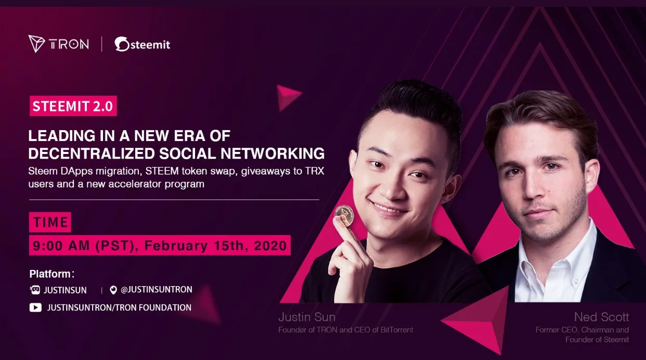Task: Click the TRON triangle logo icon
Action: (x=36, y=44)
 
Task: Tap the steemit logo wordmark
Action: (x=142, y=44)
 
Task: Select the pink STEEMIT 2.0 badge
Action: (x=73, y=106)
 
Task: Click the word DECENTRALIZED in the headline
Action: (x=92, y=153)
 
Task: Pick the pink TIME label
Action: (x=50, y=222)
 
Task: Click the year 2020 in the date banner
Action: (x=270, y=246)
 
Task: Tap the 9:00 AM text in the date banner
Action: (x=61, y=246)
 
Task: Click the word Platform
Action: (x=50, y=274)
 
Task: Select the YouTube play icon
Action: (x=35, y=307)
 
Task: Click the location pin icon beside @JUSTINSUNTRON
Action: (x=113, y=290)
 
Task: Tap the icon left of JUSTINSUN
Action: (x=35, y=290)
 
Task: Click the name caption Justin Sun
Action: (x=307, y=317)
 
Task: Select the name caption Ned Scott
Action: (x=601, y=317)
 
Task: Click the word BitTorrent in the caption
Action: (x=396, y=330)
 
